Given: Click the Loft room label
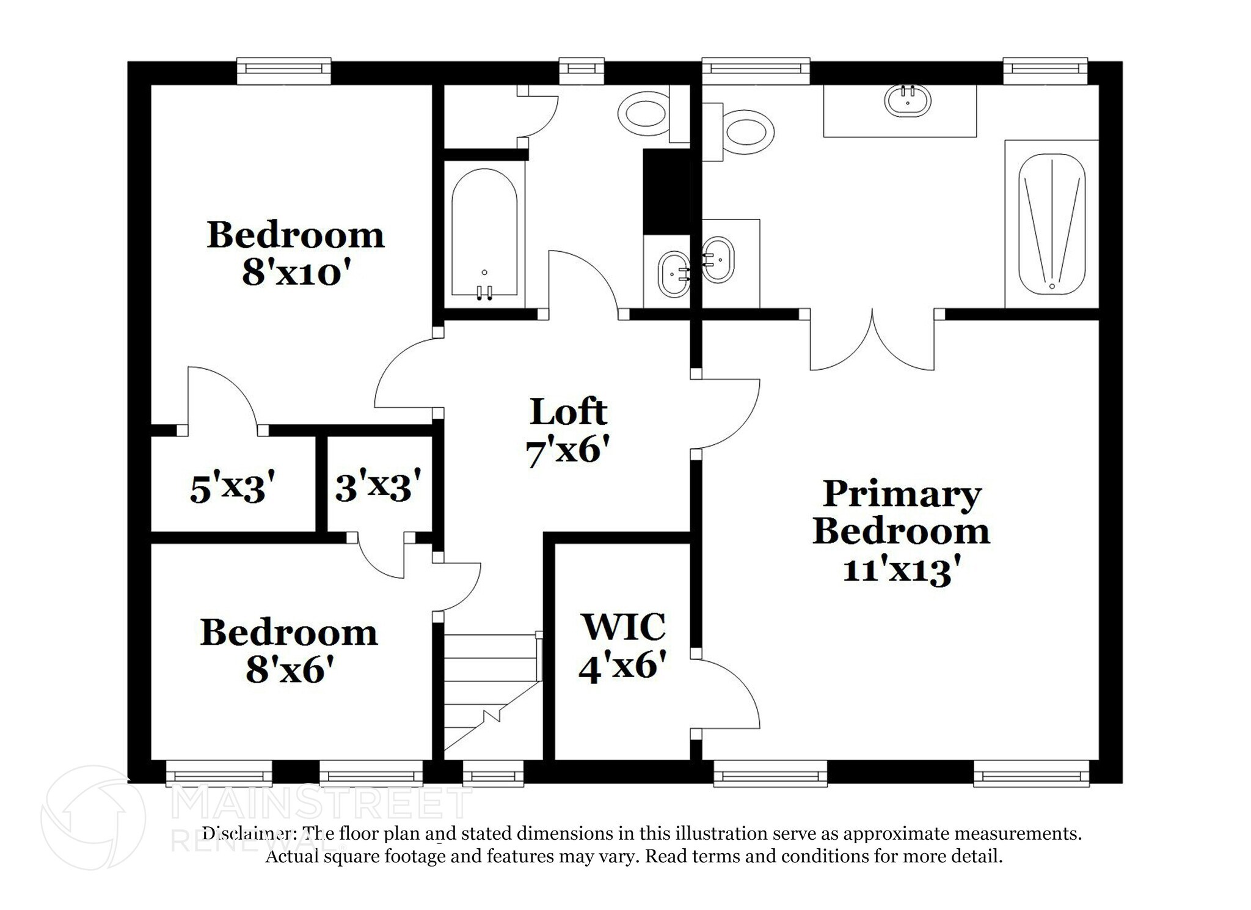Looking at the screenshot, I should (568, 412).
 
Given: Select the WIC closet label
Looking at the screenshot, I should (622, 626).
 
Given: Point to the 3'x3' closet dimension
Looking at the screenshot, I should (378, 487).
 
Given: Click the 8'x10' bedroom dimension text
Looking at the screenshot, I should (296, 273).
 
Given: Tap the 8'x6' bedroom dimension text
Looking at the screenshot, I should (290, 670).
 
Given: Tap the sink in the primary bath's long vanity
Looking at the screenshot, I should (908, 101).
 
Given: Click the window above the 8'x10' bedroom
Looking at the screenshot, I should (283, 71).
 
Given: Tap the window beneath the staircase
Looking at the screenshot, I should (493, 774).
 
